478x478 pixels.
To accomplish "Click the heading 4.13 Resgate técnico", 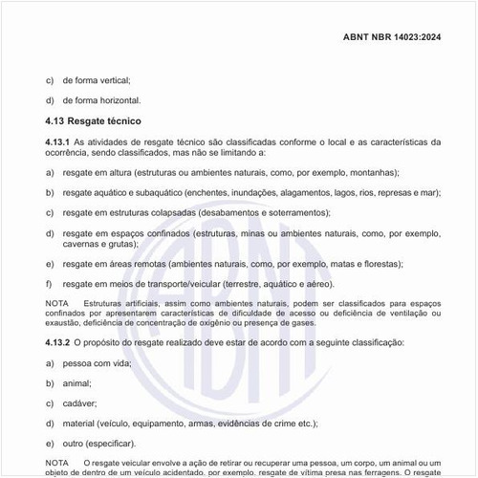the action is pyautogui.click(x=94, y=121).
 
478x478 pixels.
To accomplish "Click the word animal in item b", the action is pyautogui.click(x=77, y=382).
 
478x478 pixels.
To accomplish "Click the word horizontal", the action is pyautogui.click(x=118, y=100).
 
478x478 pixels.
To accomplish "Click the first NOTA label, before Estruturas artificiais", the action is pyautogui.click(x=57, y=303).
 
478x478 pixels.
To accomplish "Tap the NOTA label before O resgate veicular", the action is pyautogui.click(x=57, y=463).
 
